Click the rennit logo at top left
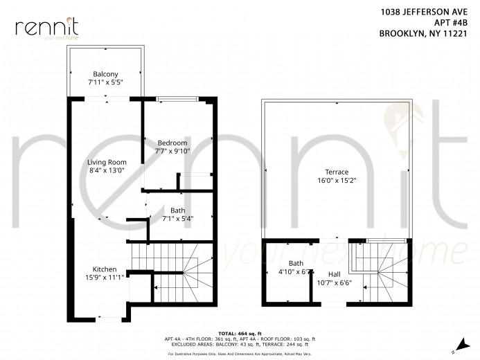46,27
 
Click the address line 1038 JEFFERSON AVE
428,12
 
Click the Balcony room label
106,74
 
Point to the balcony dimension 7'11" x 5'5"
106,82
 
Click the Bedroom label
172,143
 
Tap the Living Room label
107,163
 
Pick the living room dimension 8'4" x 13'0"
107,171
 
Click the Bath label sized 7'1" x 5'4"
177,210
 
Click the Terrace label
337,172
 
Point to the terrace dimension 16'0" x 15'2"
337,180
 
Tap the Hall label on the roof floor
334,273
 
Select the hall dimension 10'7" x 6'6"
334,282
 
